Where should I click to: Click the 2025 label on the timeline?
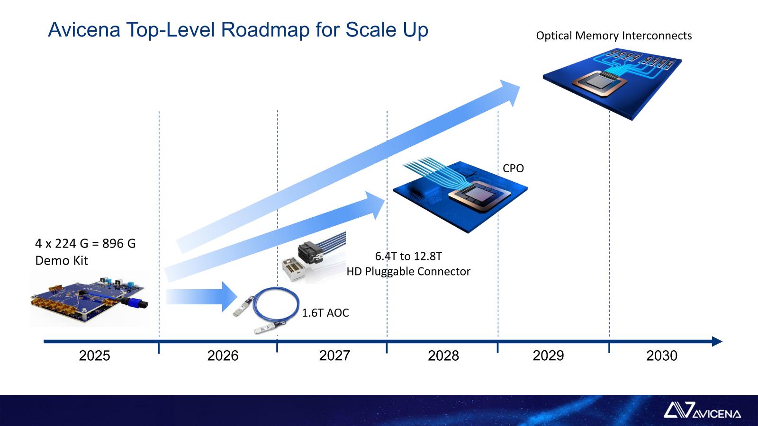(x=94, y=355)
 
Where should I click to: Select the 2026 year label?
(x=223, y=355)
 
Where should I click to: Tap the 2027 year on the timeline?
(x=334, y=355)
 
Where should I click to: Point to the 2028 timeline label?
(x=443, y=355)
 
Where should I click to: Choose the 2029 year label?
(x=548, y=355)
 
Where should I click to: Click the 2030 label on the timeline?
(x=661, y=355)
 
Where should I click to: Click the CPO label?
(x=513, y=169)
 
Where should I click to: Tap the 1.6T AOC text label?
(x=325, y=313)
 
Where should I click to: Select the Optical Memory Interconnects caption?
(x=614, y=35)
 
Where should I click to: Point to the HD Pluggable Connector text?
(x=408, y=271)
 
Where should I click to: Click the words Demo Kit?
(x=61, y=260)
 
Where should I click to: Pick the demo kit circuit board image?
(x=90, y=299)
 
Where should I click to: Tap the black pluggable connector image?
(x=311, y=254)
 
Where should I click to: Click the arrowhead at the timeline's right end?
(x=717, y=341)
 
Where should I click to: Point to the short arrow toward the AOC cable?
(x=201, y=297)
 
